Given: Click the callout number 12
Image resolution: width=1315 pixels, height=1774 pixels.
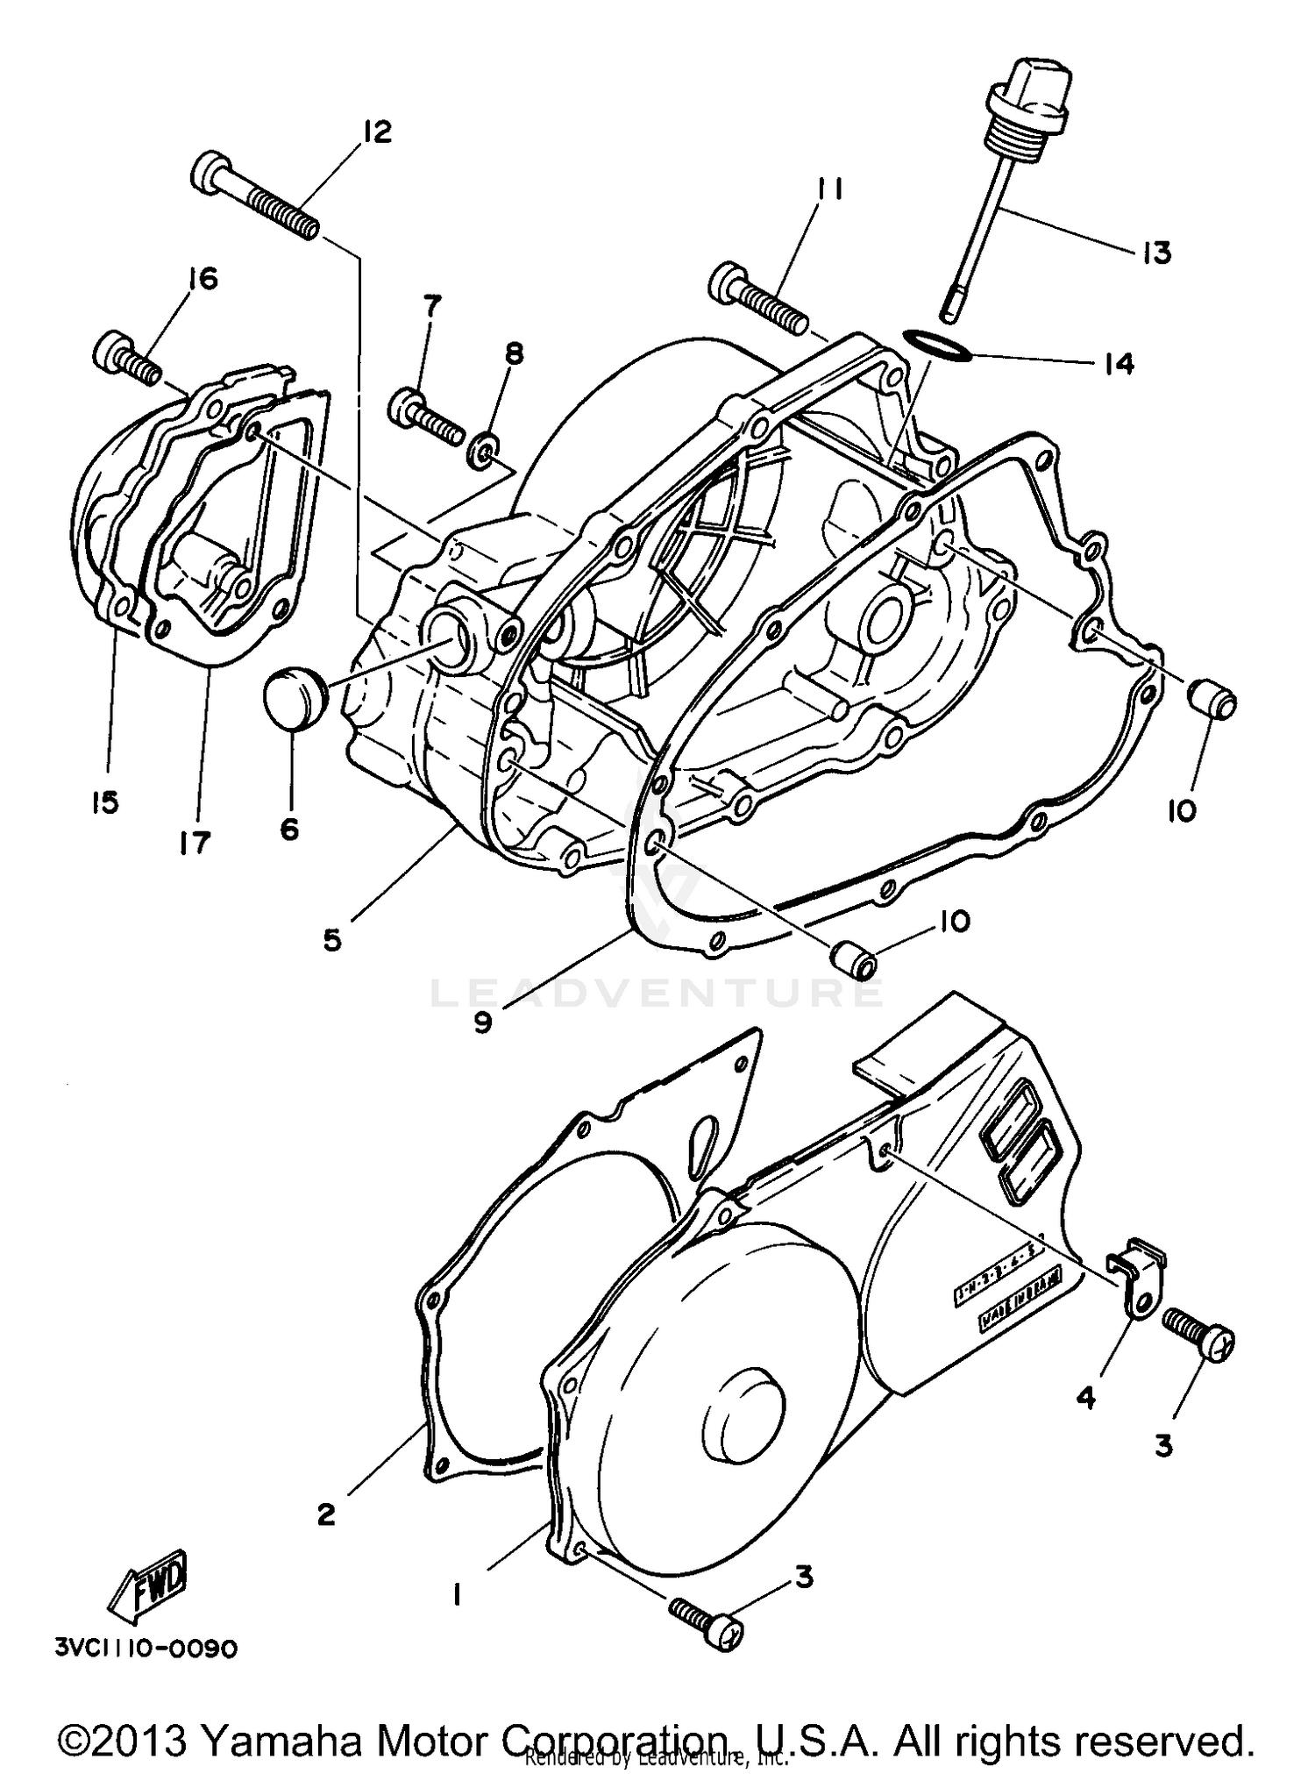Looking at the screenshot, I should [376, 132].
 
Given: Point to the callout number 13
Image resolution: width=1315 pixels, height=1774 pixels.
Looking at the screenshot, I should [1156, 253].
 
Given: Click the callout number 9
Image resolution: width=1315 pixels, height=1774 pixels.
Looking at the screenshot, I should [483, 1022].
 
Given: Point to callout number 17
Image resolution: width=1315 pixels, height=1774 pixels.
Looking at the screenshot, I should [195, 843].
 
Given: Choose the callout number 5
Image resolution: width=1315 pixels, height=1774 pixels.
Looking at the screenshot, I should [331, 940].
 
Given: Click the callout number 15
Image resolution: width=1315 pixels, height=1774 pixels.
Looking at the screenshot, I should [105, 802].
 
